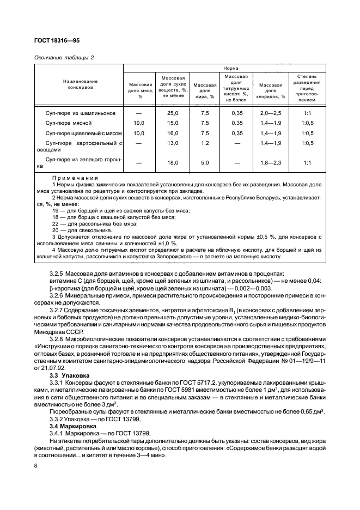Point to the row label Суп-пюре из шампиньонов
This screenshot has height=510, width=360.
pos(81,113)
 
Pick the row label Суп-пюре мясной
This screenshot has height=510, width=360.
pos(69,123)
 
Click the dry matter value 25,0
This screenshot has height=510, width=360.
pos(173,113)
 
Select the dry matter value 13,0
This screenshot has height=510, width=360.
pos(173,143)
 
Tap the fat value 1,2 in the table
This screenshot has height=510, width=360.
pos(205,143)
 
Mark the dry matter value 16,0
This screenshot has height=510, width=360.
pos(173,132)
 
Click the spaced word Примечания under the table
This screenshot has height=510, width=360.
pos(75,178)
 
